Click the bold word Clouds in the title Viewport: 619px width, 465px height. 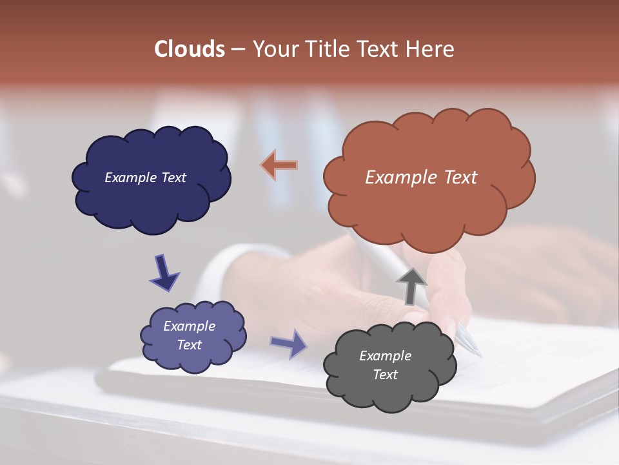coord(189,49)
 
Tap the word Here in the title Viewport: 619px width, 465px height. coord(430,49)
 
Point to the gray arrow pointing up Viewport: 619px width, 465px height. coord(411,285)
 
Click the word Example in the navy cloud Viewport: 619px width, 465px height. coord(130,178)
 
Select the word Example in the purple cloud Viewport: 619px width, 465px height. coord(189,326)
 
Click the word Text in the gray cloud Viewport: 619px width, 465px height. coord(385,375)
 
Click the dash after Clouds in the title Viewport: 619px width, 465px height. coord(237,49)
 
